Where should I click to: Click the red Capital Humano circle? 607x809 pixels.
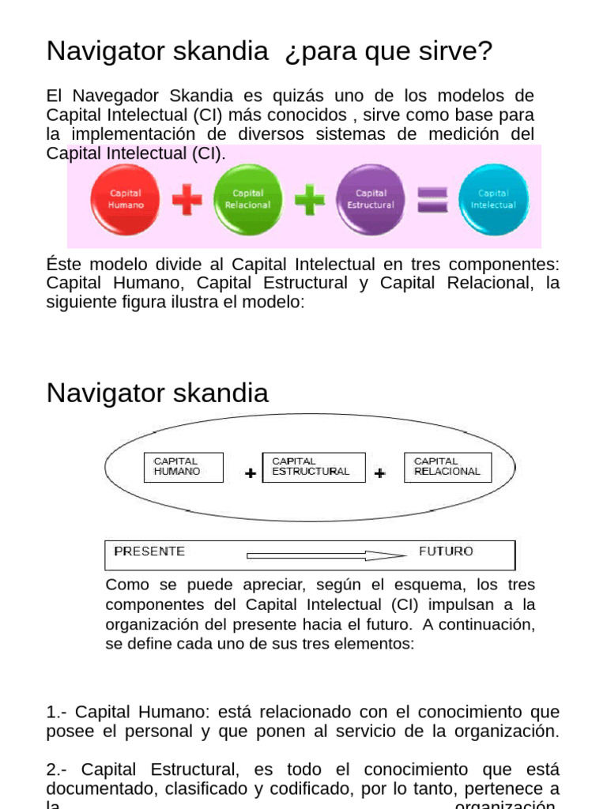[x=126, y=198]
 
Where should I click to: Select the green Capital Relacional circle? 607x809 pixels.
[x=247, y=198]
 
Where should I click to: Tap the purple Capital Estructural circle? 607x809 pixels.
[x=371, y=198]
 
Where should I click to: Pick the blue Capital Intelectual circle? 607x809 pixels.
[x=493, y=198]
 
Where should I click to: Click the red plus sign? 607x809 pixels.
[x=187, y=199]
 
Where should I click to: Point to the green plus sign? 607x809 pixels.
[x=309, y=199]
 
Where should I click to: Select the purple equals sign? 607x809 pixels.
[x=432, y=199]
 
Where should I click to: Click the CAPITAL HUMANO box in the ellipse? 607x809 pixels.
[x=183, y=467]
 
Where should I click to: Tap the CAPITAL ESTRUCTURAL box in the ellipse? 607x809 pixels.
[x=313, y=467]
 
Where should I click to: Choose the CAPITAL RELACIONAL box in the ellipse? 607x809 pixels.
[x=447, y=467]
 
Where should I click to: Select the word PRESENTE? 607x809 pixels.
[x=149, y=551]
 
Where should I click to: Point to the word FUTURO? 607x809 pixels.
[x=446, y=551]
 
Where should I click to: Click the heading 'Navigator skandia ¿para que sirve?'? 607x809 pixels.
[x=270, y=51]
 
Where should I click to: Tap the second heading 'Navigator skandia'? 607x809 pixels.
[x=157, y=393]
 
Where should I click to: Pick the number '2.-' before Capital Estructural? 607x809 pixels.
[x=58, y=769]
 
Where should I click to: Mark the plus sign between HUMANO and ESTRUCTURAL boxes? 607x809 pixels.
[x=251, y=474]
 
